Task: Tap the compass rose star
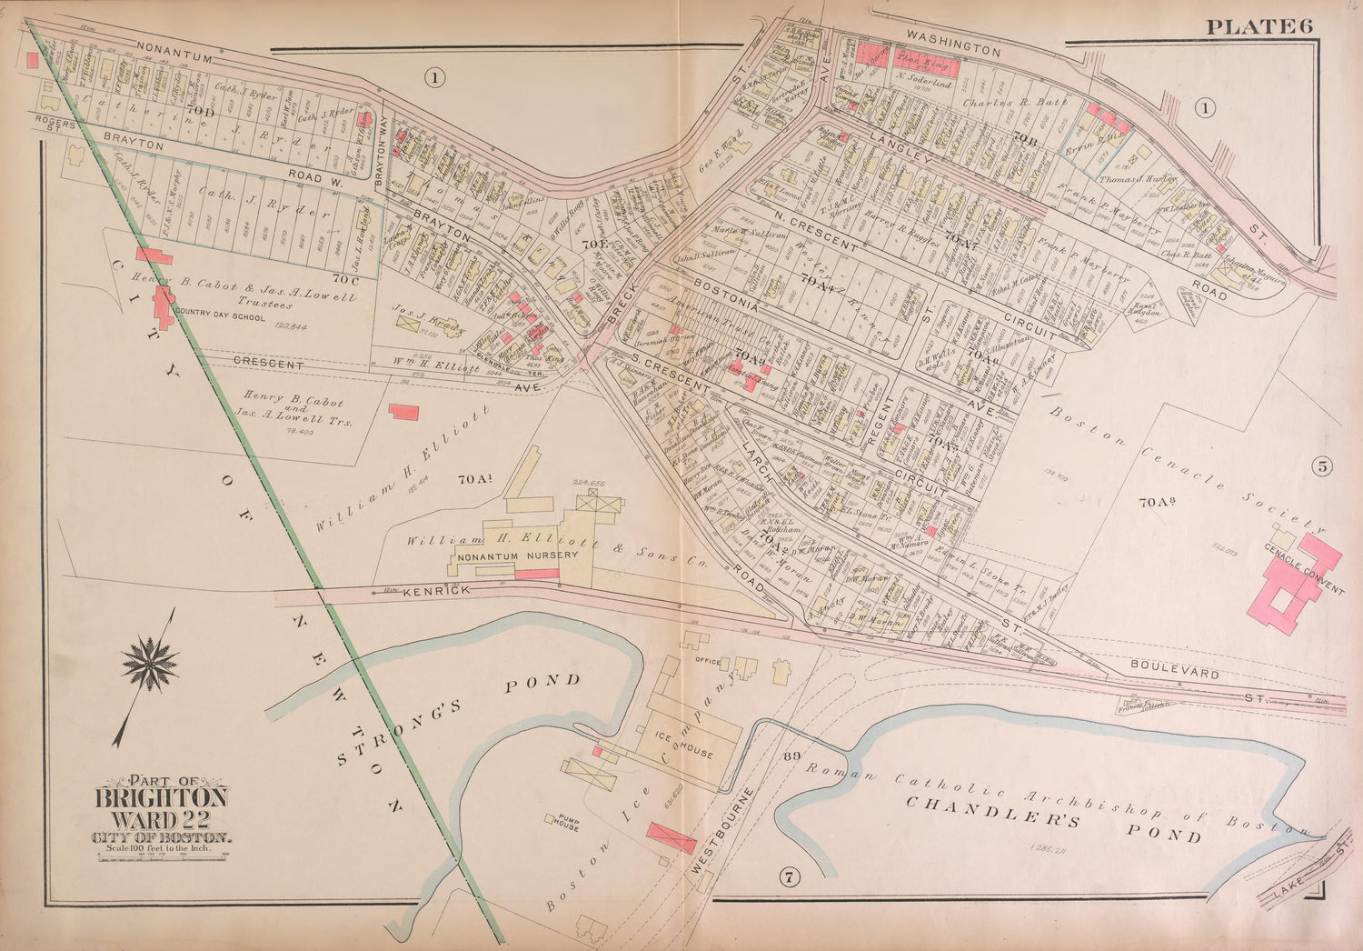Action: pyautogui.click(x=150, y=665)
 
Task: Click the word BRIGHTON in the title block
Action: pyautogui.click(x=162, y=797)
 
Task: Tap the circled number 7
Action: pyautogui.click(x=788, y=877)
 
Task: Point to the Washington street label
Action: pyautogui.click(x=953, y=45)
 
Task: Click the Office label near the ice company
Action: pyautogui.click(x=708, y=661)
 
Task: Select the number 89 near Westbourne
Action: pyautogui.click(x=790, y=756)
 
